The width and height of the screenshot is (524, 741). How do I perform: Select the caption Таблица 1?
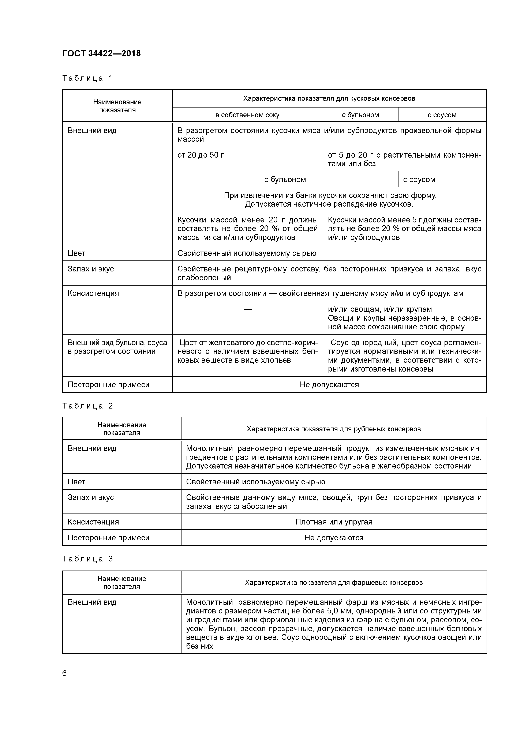(87, 78)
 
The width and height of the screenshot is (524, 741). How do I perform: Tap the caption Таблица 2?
(87, 406)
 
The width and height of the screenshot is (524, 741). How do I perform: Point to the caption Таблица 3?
(87, 559)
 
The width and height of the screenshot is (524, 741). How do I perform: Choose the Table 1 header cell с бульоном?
(360, 115)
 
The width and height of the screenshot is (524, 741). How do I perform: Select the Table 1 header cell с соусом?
(442, 115)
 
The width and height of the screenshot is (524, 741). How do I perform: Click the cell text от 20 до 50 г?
(201, 155)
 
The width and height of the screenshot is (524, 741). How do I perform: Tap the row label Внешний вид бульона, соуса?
(117, 343)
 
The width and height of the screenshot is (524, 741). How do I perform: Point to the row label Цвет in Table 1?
(76, 253)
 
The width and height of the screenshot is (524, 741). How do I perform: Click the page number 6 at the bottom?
(65, 674)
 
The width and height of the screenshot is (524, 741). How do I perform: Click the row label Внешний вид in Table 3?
(92, 602)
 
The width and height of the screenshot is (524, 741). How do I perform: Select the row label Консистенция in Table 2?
(93, 522)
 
